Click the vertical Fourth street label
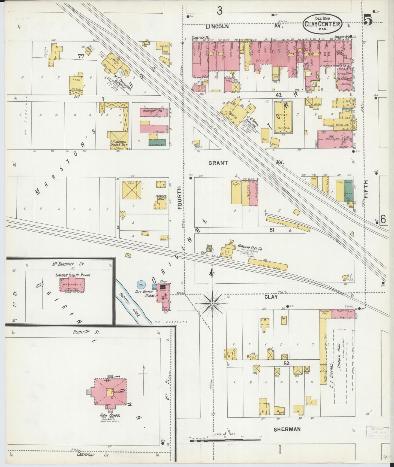179,198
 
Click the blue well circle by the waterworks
141,285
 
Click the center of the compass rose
212,303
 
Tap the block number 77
80,56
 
